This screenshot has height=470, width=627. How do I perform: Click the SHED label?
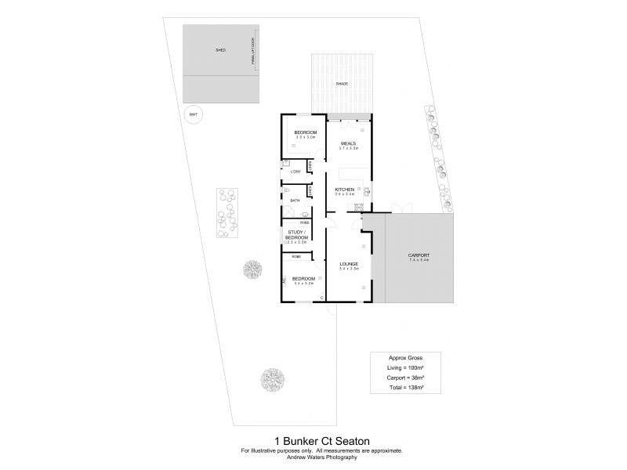[x=220, y=50]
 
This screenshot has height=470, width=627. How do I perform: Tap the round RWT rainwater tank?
[x=193, y=114]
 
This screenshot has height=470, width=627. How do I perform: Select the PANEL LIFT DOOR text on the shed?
[x=253, y=52]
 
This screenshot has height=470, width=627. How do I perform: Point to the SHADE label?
[x=342, y=83]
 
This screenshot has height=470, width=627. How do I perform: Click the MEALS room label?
[x=349, y=143]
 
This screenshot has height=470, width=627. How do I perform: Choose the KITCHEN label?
[x=345, y=190]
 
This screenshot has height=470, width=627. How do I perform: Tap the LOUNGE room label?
[x=349, y=264]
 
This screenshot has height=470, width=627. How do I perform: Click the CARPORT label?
[x=419, y=255]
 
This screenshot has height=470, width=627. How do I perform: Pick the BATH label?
[x=295, y=201]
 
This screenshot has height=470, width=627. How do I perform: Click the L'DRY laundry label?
[x=295, y=172]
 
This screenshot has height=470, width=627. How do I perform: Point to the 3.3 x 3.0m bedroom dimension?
[x=305, y=139]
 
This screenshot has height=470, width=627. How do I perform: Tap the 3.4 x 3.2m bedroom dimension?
[x=303, y=284]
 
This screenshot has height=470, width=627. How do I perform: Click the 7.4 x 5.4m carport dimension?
[x=419, y=261]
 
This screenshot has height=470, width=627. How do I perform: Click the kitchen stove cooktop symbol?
[x=359, y=208]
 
